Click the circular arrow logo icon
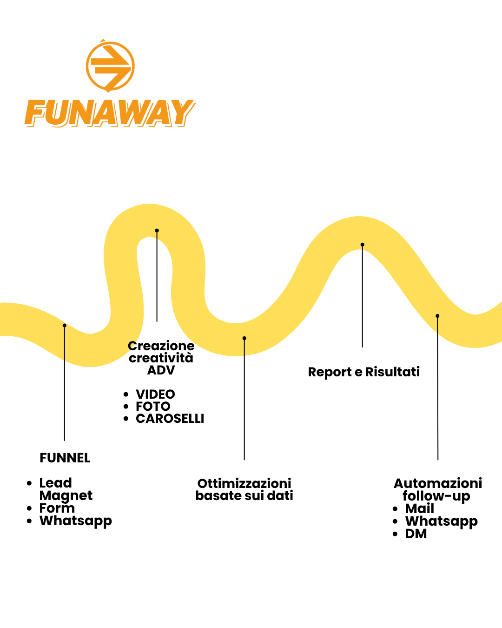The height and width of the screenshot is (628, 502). tap(110, 66)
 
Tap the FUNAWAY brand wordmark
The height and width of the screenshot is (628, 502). tap(110, 113)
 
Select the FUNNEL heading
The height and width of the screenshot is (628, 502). tap(65, 458)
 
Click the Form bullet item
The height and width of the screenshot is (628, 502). tap(57, 508)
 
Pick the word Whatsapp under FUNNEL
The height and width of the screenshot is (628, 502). tap(76, 521)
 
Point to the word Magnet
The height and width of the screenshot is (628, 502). tap(66, 496)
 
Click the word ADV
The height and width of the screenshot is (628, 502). tap(161, 370)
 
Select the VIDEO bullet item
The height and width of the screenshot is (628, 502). tap(155, 394)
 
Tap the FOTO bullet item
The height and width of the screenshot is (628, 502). tap(153, 407)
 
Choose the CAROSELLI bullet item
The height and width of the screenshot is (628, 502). tap(170, 419)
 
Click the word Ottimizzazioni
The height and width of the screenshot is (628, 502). tap(244, 483)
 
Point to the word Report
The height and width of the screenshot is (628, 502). tap(330, 372)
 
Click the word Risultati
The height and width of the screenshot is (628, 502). tap(393, 372)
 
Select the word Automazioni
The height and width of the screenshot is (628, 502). tap(438, 483)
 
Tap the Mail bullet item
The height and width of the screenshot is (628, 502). tap(419, 508)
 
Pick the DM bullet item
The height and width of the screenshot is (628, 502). tap(416, 534)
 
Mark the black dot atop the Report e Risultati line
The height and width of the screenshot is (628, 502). tap(362, 245)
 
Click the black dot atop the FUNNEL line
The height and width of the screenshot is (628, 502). tap(65, 325)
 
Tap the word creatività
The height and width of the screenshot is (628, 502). tap(161, 358)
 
